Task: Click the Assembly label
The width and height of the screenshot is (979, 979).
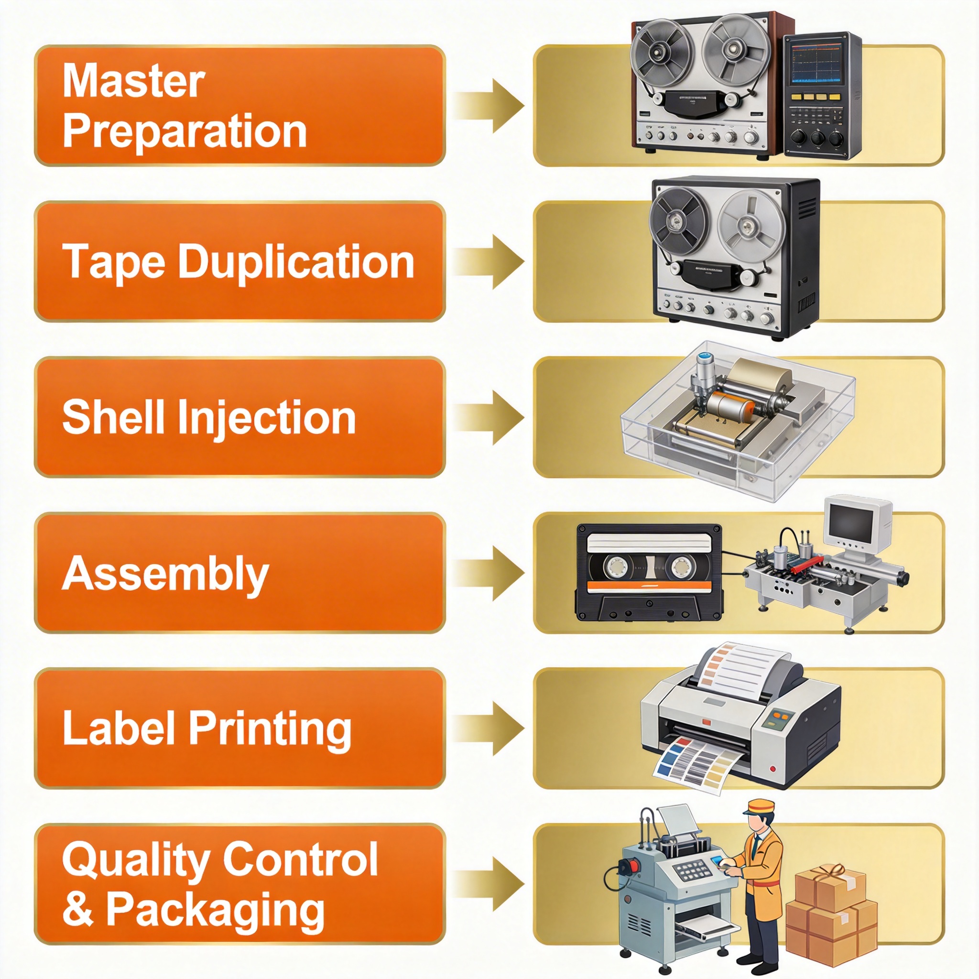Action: pyautogui.click(x=165, y=574)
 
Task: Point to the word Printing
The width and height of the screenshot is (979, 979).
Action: pyautogui.click(x=270, y=729)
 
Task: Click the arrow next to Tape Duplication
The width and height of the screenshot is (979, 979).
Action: pyautogui.click(x=489, y=261)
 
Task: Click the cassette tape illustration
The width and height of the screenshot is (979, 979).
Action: pyautogui.click(x=649, y=573)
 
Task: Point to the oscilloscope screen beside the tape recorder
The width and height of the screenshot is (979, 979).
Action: pyautogui.click(x=816, y=64)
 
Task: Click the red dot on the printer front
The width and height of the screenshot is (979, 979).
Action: pyautogui.click(x=773, y=769)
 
